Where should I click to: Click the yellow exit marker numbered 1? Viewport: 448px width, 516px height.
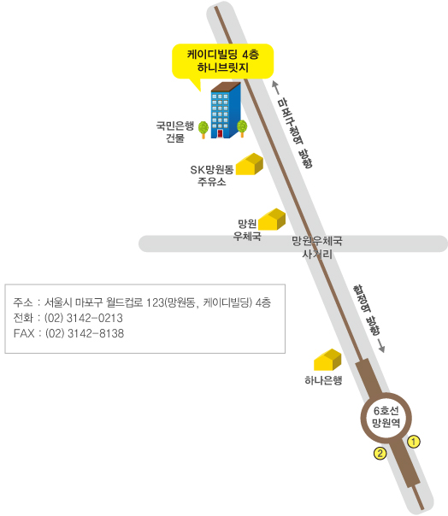click(414, 442)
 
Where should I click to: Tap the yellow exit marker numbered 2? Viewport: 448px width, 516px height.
click(380, 454)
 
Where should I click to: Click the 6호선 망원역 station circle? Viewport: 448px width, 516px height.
click(386, 417)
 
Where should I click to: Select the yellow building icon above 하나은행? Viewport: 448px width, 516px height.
click(327, 360)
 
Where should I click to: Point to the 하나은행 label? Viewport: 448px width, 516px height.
click(323, 380)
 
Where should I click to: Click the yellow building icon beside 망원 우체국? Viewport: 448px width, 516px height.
click(271, 219)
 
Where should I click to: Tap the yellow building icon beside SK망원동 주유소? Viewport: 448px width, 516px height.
click(250, 164)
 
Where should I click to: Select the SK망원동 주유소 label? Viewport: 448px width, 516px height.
click(212, 175)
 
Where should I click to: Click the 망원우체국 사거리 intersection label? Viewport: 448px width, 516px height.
click(317, 247)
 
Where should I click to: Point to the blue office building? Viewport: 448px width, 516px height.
click(226, 110)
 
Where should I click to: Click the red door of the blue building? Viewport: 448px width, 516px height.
click(220, 133)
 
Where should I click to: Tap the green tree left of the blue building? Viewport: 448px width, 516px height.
click(203, 130)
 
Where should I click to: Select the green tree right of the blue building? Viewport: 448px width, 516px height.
click(242, 128)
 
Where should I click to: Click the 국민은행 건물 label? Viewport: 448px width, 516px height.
click(175, 132)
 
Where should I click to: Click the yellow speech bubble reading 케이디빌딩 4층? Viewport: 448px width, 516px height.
click(222, 62)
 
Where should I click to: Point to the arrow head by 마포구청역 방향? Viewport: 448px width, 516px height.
click(275, 85)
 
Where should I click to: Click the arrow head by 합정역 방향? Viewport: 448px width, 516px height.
click(381, 349)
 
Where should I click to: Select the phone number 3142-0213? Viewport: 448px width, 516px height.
click(95, 318)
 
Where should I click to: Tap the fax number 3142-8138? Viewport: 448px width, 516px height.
click(96, 333)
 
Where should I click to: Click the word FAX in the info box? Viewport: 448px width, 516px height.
click(24, 333)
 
